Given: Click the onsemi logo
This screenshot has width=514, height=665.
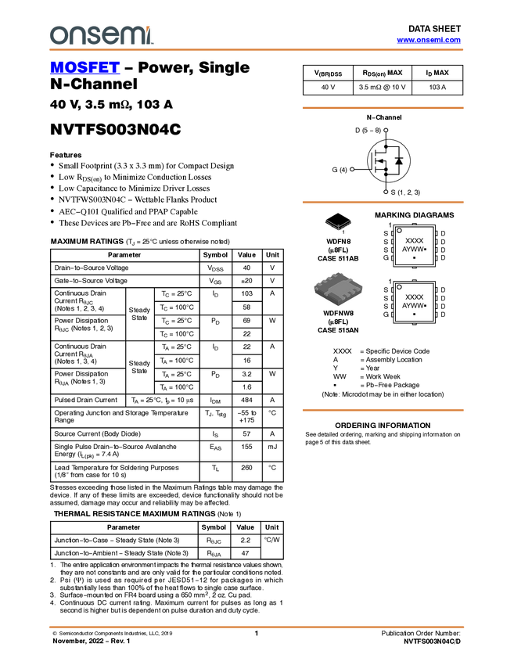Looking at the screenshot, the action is click(102, 35).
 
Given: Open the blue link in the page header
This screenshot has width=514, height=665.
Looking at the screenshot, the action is click(429, 40).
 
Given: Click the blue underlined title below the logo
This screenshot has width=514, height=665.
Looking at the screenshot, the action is click(84, 68).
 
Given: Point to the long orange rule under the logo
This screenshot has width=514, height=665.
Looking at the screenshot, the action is click(257, 50).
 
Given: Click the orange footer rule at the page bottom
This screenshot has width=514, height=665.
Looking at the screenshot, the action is click(257, 627).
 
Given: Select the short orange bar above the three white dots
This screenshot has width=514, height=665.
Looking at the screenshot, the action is click(383, 108).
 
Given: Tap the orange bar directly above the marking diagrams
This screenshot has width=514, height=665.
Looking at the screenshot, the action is click(383, 202).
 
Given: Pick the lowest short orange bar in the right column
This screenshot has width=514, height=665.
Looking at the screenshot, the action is click(383, 410).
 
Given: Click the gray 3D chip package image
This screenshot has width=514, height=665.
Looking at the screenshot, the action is click(338, 289).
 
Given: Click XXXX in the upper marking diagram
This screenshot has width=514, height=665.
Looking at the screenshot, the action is click(414, 241).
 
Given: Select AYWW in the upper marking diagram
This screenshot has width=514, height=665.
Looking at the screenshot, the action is click(412, 249).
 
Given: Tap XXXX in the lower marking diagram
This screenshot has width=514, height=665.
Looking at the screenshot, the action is click(414, 297).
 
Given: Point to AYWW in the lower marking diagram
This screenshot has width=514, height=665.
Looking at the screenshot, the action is click(412, 305).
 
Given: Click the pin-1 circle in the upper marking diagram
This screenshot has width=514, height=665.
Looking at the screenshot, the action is click(400, 231).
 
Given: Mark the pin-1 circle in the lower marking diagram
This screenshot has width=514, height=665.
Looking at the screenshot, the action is click(400, 287).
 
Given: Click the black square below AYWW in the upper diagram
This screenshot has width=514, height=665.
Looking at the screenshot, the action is click(414, 257).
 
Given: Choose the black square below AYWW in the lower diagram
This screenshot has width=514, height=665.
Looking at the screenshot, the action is click(414, 314).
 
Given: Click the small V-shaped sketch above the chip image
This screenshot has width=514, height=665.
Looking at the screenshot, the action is click(338, 225).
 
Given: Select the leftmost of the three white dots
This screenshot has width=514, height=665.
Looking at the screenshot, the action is click(352, 169).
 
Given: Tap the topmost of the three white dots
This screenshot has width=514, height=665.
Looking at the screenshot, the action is click(386, 130).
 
